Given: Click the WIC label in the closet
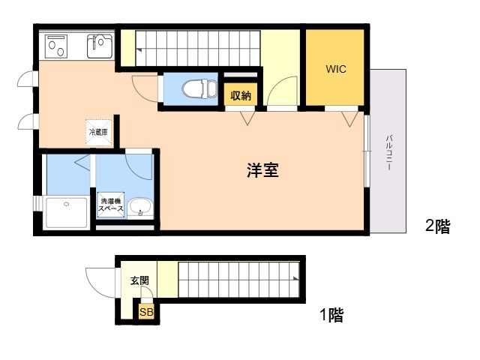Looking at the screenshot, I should (335, 69).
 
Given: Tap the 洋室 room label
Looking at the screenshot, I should (262, 170).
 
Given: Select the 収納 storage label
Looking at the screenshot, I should (240, 95).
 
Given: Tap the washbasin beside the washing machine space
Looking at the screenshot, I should (139, 206).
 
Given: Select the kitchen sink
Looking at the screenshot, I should (99, 47).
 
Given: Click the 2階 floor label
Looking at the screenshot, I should (437, 226).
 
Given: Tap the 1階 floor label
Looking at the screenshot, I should (330, 315).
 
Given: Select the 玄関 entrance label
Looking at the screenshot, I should (139, 280).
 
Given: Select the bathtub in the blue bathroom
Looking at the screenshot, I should (65, 212).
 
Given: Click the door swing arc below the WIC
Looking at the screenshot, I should (348, 118).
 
